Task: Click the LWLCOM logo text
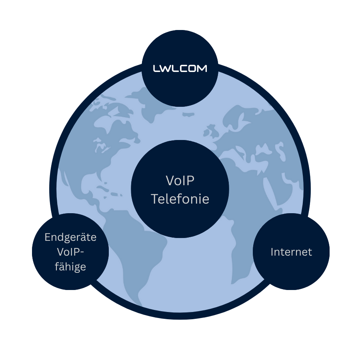(x=180, y=69)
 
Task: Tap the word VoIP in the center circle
(x=180, y=181)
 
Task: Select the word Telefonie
(x=180, y=199)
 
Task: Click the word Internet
(x=291, y=252)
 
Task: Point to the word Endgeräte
(x=70, y=237)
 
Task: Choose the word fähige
(x=70, y=266)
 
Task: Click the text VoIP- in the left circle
(x=70, y=252)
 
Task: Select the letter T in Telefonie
(x=154, y=199)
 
